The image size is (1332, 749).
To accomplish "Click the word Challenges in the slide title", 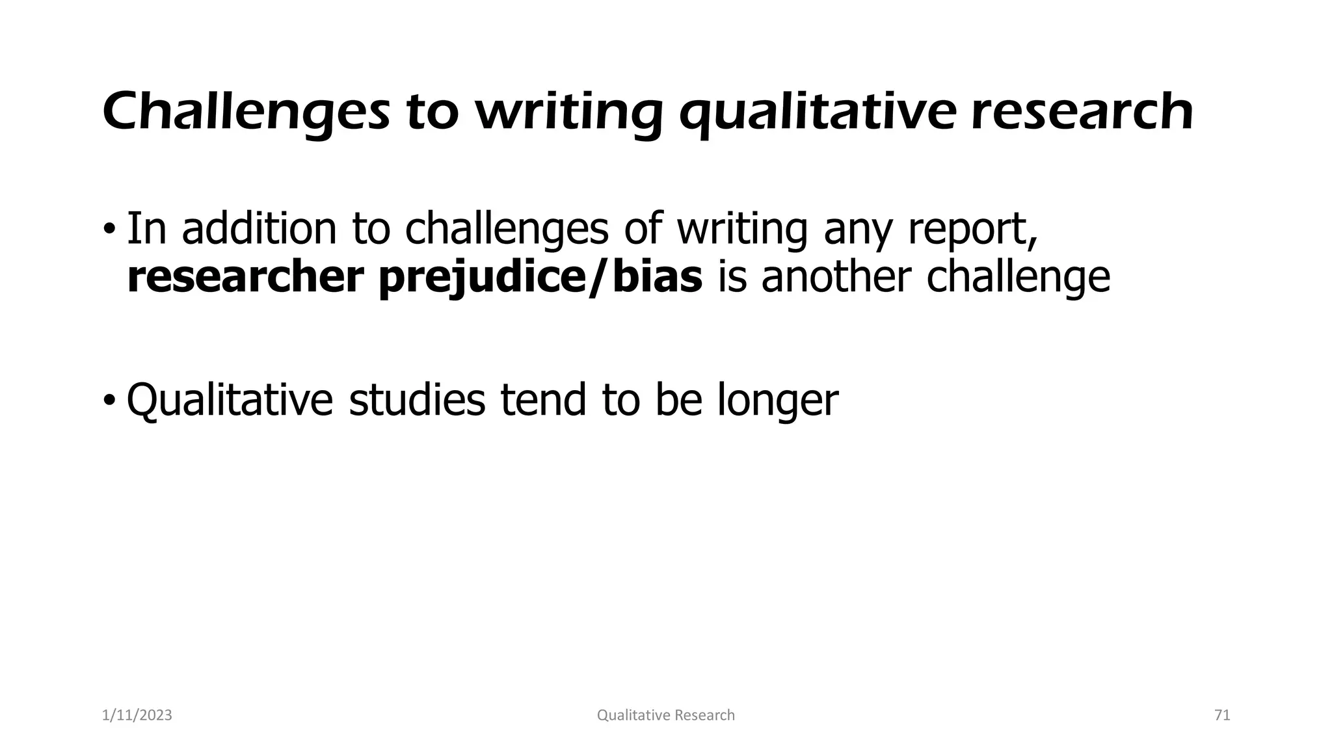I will [x=246, y=112].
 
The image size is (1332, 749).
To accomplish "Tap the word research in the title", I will [x=1082, y=112].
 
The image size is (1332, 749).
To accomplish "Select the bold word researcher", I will [x=245, y=278].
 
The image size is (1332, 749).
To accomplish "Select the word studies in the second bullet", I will [x=417, y=399].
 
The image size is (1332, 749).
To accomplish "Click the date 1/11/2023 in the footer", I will [x=137, y=715].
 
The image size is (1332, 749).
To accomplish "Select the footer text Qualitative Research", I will [x=665, y=715].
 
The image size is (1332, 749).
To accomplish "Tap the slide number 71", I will [x=1222, y=715].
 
